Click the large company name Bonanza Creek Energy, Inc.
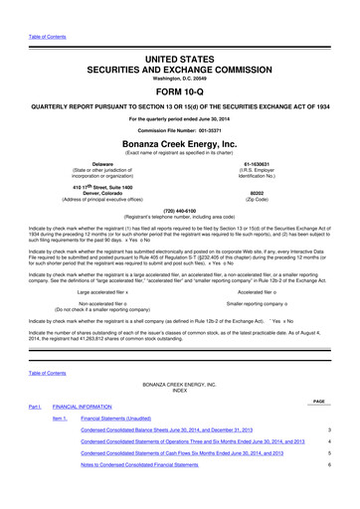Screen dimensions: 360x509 (x=179, y=145)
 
